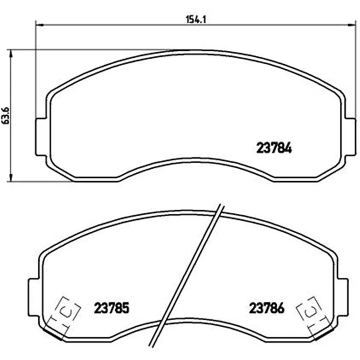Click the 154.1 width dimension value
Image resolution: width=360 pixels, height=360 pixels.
[196, 19]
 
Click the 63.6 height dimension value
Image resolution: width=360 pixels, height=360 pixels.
[6, 116]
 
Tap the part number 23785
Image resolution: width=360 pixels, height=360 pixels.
[112, 308]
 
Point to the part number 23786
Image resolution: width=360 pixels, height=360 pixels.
[267, 308]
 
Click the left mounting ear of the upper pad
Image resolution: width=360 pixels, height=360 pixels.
[41, 137]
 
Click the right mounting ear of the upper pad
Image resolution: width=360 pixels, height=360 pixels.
[351, 137]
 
